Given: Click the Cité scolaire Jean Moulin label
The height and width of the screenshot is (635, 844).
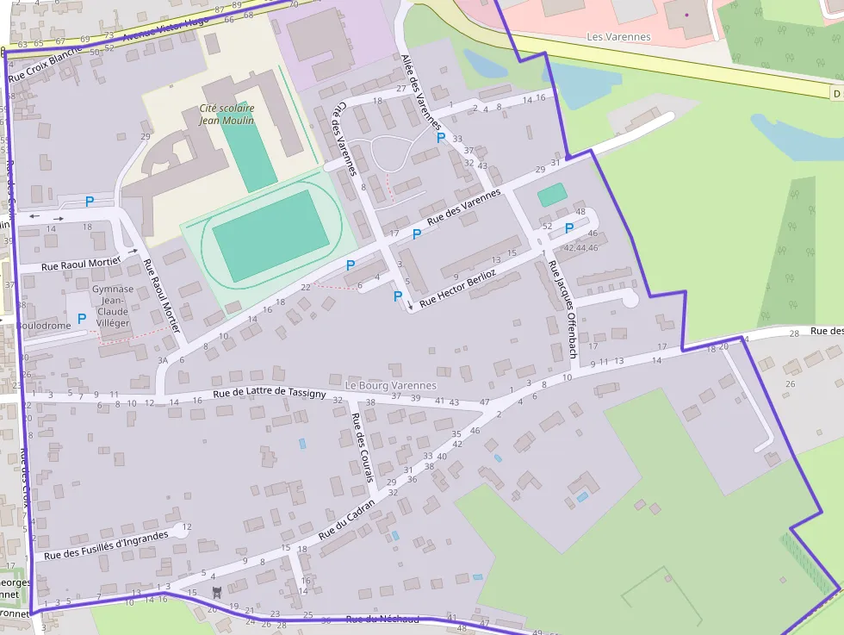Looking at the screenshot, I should coord(227,114).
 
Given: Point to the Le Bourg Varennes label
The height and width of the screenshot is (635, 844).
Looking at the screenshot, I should coord(390,385).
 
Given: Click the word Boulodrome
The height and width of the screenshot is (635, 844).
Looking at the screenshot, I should coord(43,326).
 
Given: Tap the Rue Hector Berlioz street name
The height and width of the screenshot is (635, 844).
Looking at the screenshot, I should coord(458,287).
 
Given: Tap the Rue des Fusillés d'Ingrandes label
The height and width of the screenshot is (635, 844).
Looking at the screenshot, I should coord(105,545).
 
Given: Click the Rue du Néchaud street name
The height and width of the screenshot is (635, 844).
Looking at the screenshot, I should coord(382,619).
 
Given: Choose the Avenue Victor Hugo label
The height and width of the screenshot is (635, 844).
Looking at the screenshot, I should coord(165,31).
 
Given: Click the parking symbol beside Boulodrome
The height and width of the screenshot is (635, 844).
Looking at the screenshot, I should coord(82,319).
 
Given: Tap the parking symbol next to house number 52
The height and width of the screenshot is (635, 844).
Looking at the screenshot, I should coord(569,228).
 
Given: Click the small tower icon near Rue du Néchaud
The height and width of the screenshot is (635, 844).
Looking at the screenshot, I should coord(217,591).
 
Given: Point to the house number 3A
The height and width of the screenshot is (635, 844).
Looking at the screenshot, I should coord(163,360).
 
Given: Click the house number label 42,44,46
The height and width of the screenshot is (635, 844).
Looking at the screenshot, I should coord(580,248).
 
